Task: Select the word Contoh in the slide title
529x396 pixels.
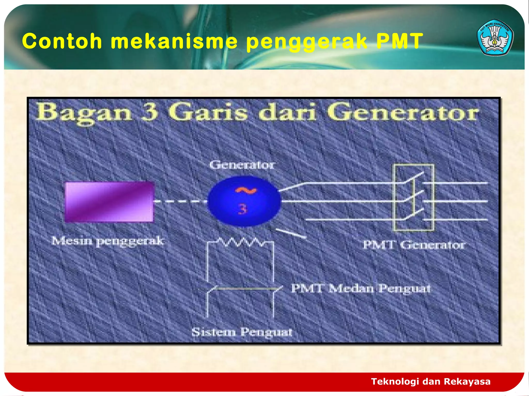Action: point(62,41)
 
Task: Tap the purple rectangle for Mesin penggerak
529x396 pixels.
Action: point(109,202)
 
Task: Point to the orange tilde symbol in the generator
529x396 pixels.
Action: point(246,190)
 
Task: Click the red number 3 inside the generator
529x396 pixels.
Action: point(243,209)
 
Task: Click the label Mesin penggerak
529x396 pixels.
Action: point(107,241)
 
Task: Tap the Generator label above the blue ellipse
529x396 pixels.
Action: point(242,165)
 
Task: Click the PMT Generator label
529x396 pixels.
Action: point(414,245)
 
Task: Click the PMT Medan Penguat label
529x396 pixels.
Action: point(361,288)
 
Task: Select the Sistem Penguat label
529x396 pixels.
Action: point(242,332)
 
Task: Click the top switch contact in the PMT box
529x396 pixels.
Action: point(414,177)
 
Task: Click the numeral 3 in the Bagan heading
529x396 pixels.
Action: point(149,112)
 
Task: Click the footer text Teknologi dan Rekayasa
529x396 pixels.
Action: point(431,381)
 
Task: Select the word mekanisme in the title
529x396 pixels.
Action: point(174,41)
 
